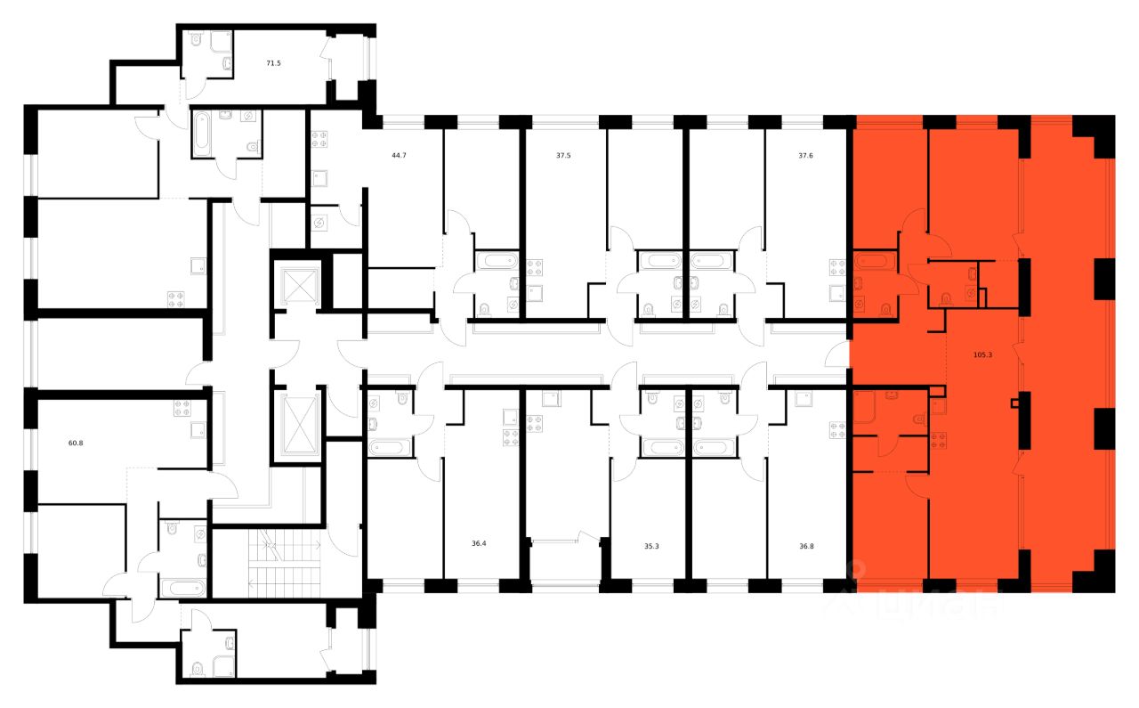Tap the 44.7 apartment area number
[x=399, y=155]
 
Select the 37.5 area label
[x=564, y=155]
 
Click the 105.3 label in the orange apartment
[x=982, y=354]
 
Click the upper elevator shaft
[x=299, y=285]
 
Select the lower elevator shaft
[x=299, y=424]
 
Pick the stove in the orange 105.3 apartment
[x=938, y=439]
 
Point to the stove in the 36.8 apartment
[x=836, y=431]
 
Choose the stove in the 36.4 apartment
[x=511, y=437]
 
